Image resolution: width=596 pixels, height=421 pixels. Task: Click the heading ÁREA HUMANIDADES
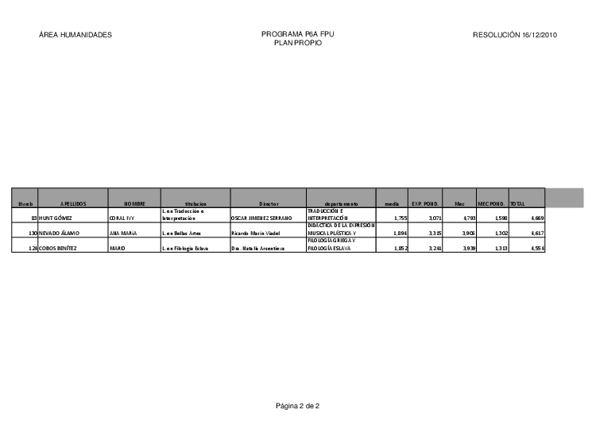click(x=75, y=35)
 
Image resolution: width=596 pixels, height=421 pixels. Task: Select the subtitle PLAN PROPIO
click(x=298, y=44)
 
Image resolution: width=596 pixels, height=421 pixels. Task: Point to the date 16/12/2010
click(x=540, y=35)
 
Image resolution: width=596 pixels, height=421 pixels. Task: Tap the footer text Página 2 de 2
click(x=297, y=406)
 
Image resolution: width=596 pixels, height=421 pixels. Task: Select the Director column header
click(x=268, y=204)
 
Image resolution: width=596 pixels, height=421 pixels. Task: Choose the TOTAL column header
click(x=517, y=204)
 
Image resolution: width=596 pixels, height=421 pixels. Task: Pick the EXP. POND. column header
click(x=424, y=204)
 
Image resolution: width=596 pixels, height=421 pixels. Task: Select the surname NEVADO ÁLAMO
click(x=59, y=234)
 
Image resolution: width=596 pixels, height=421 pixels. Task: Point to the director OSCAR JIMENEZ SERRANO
click(x=261, y=217)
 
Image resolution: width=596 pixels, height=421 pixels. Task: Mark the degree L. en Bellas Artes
click(x=180, y=234)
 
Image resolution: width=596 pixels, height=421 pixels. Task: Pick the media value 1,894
click(x=400, y=234)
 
